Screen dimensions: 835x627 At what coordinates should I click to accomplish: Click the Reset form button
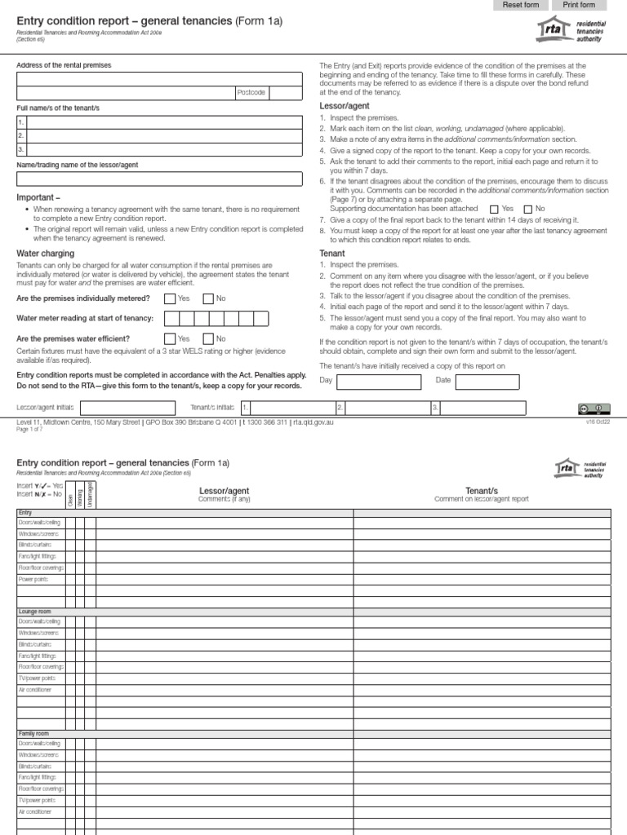pyautogui.click(x=520, y=5)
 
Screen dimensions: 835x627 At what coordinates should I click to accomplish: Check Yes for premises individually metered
pyautogui.click(x=170, y=298)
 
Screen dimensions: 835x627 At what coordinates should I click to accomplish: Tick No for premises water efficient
pyautogui.click(x=208, y=338)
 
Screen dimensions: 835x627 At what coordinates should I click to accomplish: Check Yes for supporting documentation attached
pyautogui.click(x=494, y=209)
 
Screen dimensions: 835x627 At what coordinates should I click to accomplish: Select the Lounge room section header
pyautogui.click(x=34, y=610)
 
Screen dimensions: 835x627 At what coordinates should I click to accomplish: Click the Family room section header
pyautogui.click(x=33, y=734)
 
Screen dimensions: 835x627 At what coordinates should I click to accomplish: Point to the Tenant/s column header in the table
pyautogui.click(x=482, y=490)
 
